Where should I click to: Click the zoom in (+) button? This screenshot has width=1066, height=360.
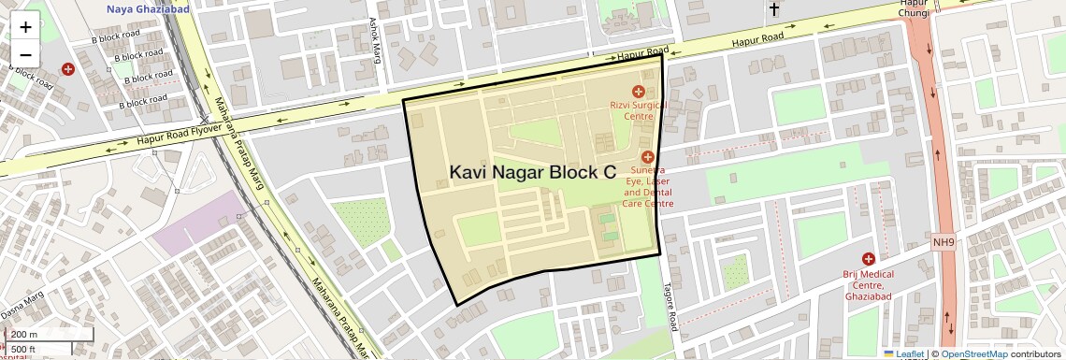[x=25, y=27]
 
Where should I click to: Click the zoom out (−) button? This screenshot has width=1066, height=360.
[x=25, y=54]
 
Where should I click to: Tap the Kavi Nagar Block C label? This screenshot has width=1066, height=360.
[x=533, y=172]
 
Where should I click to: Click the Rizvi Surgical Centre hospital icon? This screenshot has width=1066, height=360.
[x=639, y=92]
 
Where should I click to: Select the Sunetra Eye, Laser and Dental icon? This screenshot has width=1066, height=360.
[x=647, y=157]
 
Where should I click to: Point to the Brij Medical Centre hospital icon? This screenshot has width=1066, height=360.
[x=869, y=258]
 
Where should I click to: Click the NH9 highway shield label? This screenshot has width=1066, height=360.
[x=944, y=243]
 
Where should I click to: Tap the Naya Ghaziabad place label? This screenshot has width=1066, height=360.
[x=148, y=8]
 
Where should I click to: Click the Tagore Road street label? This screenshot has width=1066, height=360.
[x=669, y=306]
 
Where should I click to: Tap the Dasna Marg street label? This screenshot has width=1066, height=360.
[x=22, y=304]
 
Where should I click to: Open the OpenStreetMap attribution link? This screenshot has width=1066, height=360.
[x=973, y=354]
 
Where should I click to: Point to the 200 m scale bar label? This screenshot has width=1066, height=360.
[x=24, y=335]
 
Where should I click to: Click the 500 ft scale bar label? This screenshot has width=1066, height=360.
[x=23, y=350]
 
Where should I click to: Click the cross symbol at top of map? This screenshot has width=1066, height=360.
[x=773, y=10]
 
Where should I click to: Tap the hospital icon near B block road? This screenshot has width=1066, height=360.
[x=68, y=69]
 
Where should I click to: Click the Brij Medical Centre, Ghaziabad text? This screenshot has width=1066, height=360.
[x=869, y=285]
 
